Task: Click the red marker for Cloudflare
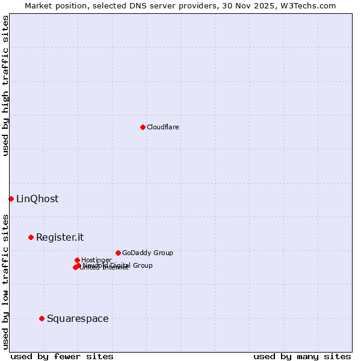(x=143, y=127)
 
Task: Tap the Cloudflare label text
(x=163, y=128)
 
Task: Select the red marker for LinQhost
(x=11, y=199)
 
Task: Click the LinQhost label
(x=37, y=199)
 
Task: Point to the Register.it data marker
(x=31, y=237)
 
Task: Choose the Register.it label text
(x=60, y=238)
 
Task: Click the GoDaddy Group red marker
(x=118, y=253)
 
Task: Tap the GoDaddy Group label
(x=147, y=253)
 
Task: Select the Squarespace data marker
(x=42, y=318)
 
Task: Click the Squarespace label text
(x=78, y=319)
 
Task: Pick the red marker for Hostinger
(x=77, y=260)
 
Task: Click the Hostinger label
(x=96, y=260)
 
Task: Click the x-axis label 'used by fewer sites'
(x=62, y=357)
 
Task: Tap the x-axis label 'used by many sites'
(x=302, y=357)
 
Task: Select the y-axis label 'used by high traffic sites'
(x=5, y=85)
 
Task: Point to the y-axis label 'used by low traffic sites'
(x=5, y=281)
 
